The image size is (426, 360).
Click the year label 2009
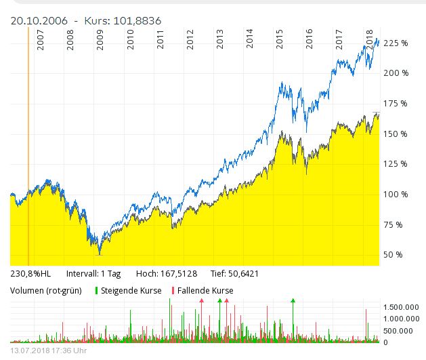(101, 41)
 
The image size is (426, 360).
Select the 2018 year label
(369, 38)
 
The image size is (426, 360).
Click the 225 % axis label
(396, 43)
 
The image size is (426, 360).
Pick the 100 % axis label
(396, 194)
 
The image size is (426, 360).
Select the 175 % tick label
(396, 103)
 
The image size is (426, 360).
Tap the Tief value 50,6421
(240, 274)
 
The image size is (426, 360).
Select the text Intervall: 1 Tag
(93, 274)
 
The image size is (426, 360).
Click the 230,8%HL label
(30, 274)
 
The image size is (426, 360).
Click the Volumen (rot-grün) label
(46, 291)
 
